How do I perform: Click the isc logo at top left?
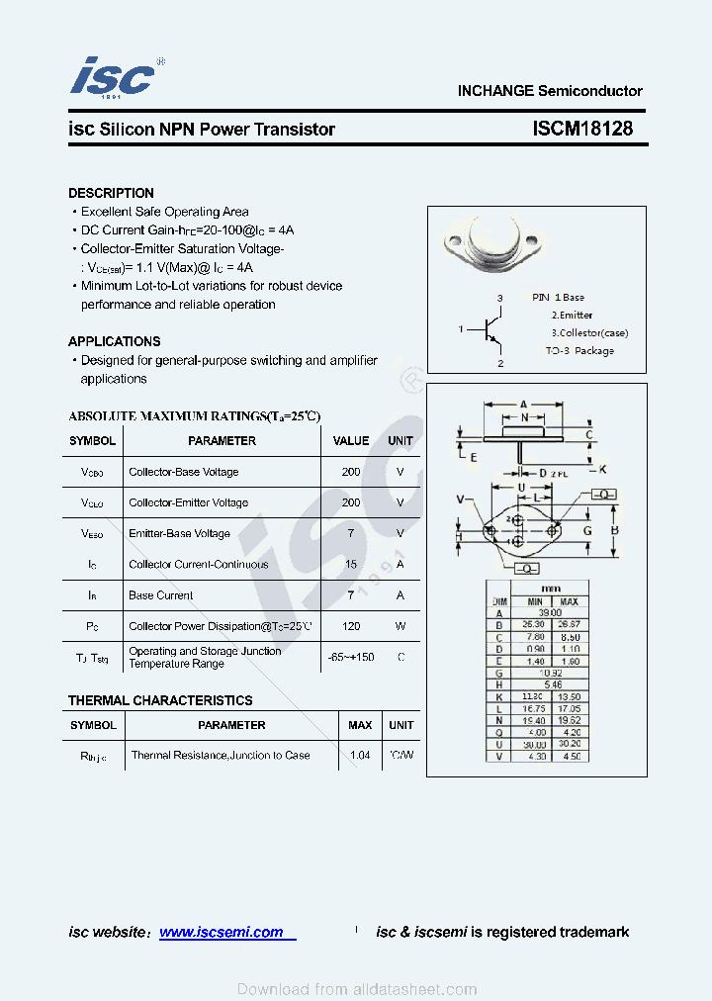114,78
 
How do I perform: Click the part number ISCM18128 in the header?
581,130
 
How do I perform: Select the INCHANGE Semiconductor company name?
549,91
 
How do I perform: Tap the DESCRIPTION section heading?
111,193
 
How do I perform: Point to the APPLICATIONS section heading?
114,341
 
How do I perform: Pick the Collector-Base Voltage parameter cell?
183,472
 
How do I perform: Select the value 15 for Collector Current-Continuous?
350,565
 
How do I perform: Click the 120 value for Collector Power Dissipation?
350,626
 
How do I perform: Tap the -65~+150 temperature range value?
350,657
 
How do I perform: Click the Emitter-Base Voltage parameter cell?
179,534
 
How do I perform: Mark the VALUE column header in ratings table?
350,441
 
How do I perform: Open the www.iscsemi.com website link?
222,932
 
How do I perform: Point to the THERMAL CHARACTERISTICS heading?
160,700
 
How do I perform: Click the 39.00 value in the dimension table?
549,613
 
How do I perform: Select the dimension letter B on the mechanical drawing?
614,530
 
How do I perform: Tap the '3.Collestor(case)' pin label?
589,333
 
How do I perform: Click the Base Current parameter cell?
161,595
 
